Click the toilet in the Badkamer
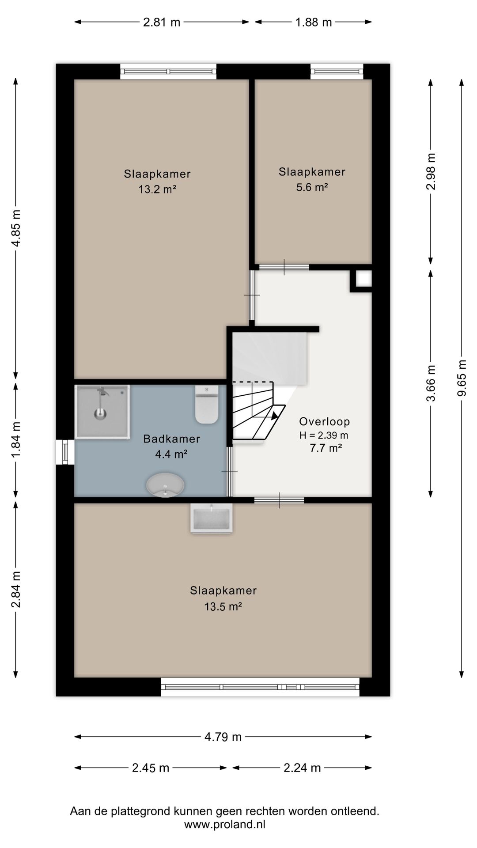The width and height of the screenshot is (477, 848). point(207,405)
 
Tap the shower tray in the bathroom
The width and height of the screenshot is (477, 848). point(102,412)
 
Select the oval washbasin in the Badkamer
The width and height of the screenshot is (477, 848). point(165,485)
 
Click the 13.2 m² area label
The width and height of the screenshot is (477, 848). point(157,189)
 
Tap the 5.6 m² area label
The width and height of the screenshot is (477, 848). point(312,187)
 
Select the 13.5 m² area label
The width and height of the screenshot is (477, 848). point(223,606)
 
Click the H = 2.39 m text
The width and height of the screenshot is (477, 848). point(324,435)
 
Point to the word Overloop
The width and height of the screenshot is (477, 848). point(325,421)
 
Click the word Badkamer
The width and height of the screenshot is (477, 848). point(172,439)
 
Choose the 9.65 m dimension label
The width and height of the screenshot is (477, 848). point(462,378)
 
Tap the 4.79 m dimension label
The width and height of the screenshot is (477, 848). point(223,737)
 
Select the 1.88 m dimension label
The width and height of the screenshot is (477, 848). point(314,22)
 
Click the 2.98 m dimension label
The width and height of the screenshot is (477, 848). point(431,171)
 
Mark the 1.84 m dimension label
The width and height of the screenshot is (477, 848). point(16,440)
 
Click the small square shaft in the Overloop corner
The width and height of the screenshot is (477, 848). point(362,279)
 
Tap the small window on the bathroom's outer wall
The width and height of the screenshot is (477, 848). point(65,452)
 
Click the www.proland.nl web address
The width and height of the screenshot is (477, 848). point(225,824)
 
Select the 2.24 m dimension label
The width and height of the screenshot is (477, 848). point(302,768)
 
